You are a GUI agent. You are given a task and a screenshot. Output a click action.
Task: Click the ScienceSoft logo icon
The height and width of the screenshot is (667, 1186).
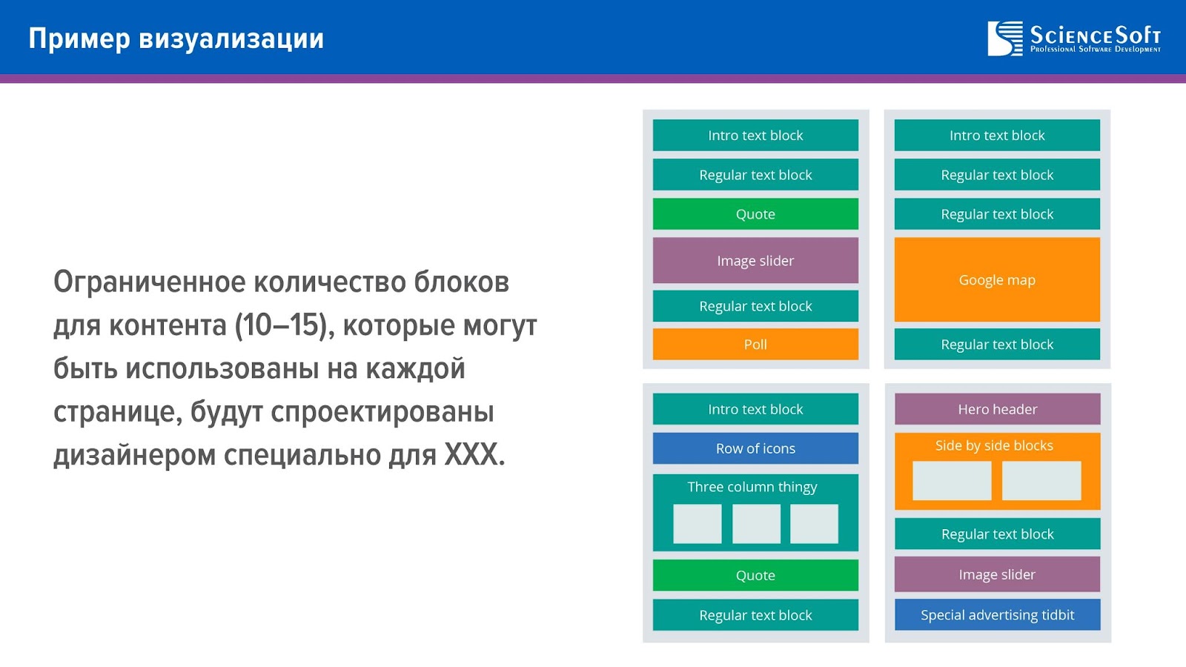(1005, 39)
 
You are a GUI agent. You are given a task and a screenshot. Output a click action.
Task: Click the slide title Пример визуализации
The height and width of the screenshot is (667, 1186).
(176, 39)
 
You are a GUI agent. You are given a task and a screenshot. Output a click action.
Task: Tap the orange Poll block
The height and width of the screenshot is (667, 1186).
(755, 344)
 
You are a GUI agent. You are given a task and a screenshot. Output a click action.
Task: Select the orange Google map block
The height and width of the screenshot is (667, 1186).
(997, 279)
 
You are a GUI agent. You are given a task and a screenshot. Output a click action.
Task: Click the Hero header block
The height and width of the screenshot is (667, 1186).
(997, 408)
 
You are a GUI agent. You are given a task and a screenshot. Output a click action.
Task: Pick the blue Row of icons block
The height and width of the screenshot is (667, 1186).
(755, 448)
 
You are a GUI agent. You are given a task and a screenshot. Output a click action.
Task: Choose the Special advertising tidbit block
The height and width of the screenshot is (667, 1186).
(997, 614)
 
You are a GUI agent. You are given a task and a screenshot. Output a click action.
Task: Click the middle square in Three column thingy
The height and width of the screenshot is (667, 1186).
(756, 523)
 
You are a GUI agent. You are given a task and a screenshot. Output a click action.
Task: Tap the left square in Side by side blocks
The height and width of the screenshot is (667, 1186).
(952, 481)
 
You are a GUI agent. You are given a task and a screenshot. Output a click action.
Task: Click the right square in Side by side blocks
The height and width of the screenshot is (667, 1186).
(1041, 481)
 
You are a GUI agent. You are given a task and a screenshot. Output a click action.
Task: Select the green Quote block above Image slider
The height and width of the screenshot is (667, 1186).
(755, 214)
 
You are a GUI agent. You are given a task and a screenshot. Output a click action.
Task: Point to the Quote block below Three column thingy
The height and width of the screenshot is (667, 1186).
(755, 575)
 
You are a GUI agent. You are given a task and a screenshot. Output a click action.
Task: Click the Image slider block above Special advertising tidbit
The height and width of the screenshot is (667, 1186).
(997, 574)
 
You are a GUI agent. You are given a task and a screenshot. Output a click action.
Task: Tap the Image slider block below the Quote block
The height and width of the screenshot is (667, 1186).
(755, 260)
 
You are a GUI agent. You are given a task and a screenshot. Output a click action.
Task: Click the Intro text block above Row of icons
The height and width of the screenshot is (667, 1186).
(755, 408)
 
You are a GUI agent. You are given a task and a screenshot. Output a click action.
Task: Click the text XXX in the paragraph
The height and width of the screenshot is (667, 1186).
(470, 455)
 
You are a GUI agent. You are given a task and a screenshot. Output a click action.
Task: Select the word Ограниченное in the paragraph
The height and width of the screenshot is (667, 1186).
(149, 282)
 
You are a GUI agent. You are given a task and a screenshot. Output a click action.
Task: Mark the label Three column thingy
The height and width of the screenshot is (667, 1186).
(752, 486)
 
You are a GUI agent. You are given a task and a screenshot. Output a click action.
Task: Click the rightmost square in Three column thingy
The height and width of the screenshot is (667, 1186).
(815, 523)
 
